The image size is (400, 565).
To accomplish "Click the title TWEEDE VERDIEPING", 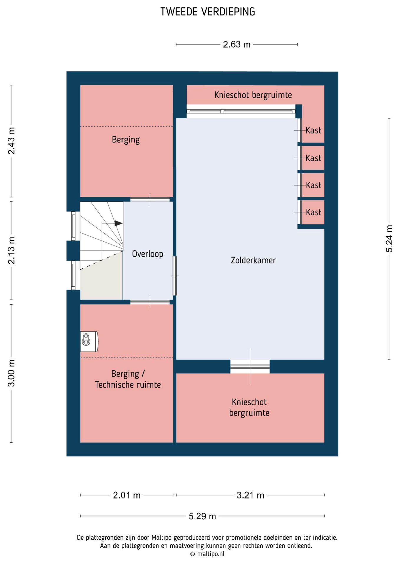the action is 208,12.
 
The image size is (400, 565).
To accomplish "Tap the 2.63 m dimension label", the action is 237,44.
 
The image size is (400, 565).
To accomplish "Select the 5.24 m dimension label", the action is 389,239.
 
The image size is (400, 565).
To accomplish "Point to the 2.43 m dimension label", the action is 11,141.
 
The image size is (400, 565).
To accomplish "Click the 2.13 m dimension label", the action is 11,250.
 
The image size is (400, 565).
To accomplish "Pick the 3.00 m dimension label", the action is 11,373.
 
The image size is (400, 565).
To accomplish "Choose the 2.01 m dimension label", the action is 127,495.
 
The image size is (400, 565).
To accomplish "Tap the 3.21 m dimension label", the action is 250,495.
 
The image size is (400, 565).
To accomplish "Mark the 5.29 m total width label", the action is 202,516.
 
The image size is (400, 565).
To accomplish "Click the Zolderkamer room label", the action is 253,260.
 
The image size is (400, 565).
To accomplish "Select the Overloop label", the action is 148,254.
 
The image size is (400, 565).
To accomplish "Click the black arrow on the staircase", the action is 118,223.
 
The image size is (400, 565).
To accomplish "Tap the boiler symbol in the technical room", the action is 89,341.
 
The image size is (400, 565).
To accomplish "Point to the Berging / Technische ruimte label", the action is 128,379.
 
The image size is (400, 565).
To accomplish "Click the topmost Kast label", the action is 313,130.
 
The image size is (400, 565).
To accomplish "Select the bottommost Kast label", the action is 313,212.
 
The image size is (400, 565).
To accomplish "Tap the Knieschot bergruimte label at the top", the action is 253,95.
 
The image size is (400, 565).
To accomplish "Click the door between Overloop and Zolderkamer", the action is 175,276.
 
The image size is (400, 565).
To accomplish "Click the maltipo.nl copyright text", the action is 207,554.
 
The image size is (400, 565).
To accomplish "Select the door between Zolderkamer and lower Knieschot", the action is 250,367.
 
